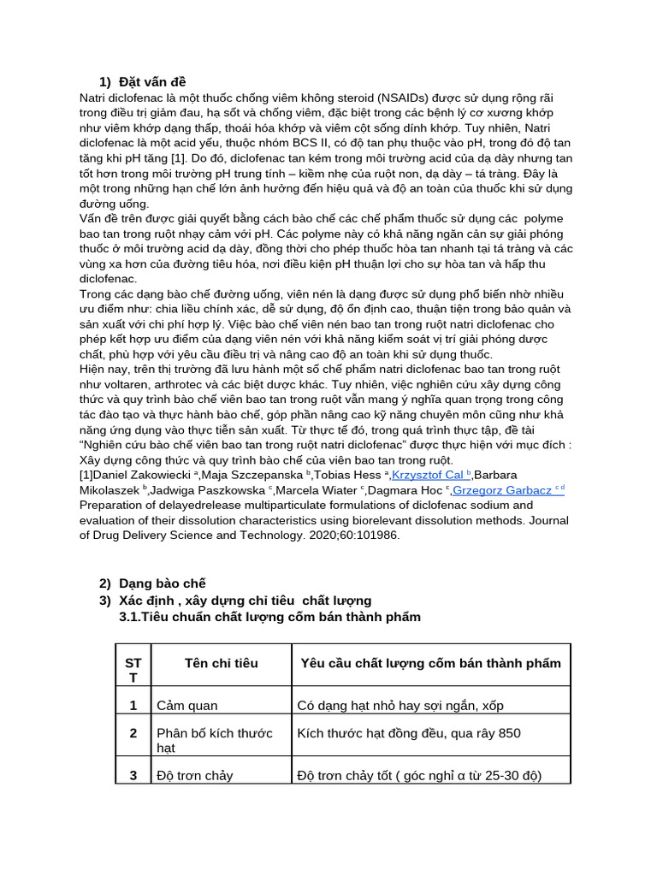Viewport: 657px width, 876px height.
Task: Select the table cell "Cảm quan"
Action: coord(186,706)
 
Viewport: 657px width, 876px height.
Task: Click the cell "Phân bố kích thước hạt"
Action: coord(215,740)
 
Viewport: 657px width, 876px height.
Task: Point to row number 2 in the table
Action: coord(133,733)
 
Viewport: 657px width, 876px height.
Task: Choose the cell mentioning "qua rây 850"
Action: coord(408,733)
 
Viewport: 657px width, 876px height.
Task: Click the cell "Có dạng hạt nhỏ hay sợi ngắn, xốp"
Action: coord(400,706)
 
